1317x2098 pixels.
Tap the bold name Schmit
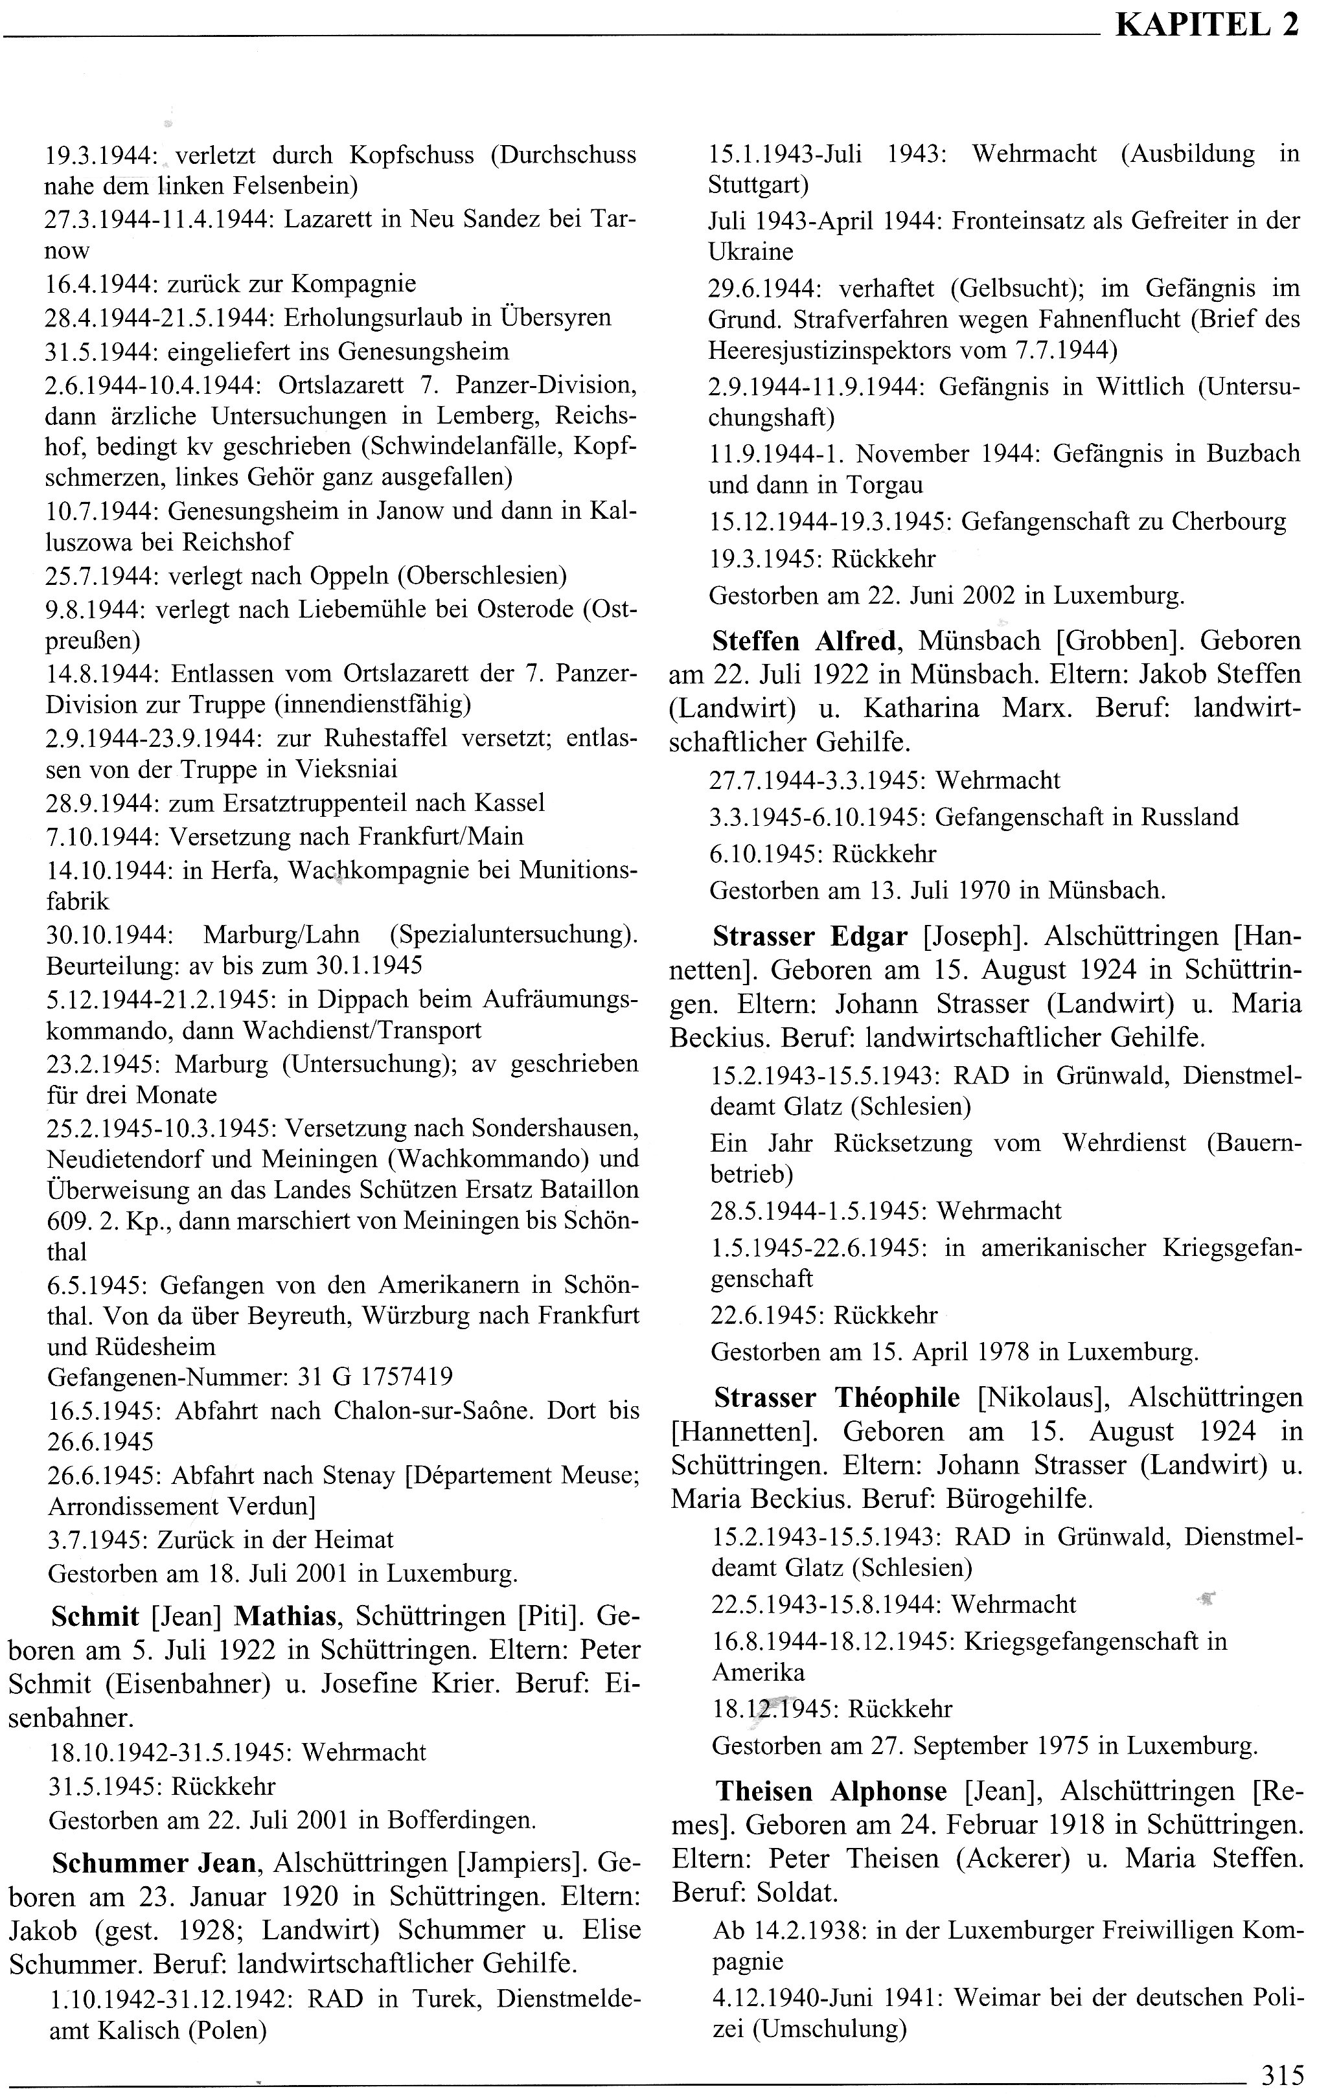tap(95, 1616)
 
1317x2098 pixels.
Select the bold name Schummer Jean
tap(154, 1863)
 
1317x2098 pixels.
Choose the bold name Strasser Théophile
tap(837, 1398)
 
